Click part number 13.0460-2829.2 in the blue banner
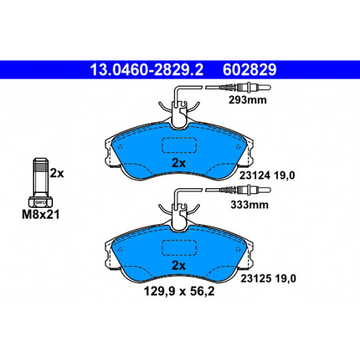147,70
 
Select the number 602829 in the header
249,70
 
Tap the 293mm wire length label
247,100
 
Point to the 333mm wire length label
249,204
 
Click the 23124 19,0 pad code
267,176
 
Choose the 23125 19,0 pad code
268,278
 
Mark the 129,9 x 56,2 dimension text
179,291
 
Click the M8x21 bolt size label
41,215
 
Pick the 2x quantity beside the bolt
57,173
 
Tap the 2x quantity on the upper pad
179,163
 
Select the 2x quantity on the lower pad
179,266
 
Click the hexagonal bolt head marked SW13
41,202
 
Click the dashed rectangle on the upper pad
179,145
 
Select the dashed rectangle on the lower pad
179,248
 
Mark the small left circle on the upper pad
120,147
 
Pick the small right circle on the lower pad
238,249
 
